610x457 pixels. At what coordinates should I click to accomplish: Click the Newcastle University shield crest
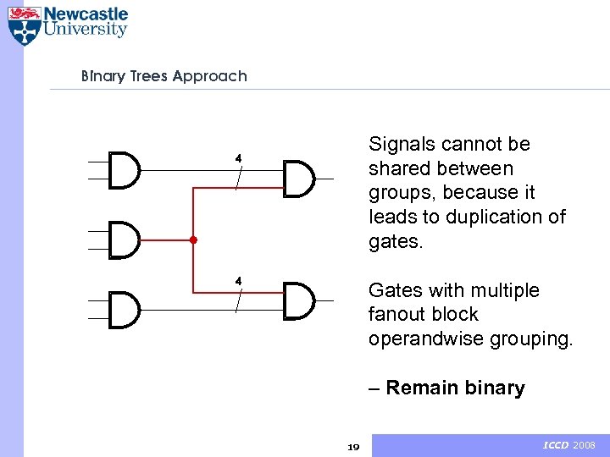pos(24,25)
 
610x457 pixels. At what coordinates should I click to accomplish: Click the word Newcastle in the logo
pos(86,14)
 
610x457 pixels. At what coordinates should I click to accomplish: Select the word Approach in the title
pos(209,76)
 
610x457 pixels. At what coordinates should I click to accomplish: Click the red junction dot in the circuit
pos(193,240)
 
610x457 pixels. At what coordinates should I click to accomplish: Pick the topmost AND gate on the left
pos(125,170)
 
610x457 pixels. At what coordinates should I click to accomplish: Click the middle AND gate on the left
pos(125,240)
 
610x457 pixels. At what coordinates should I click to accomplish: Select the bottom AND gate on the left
pos(125,310)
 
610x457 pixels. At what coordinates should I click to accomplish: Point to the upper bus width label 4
pos(239,158)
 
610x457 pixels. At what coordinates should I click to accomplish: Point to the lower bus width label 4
pos(239,280)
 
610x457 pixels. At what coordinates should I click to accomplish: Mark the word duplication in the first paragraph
pos(496,217)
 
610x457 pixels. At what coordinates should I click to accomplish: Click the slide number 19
pos(354,447)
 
